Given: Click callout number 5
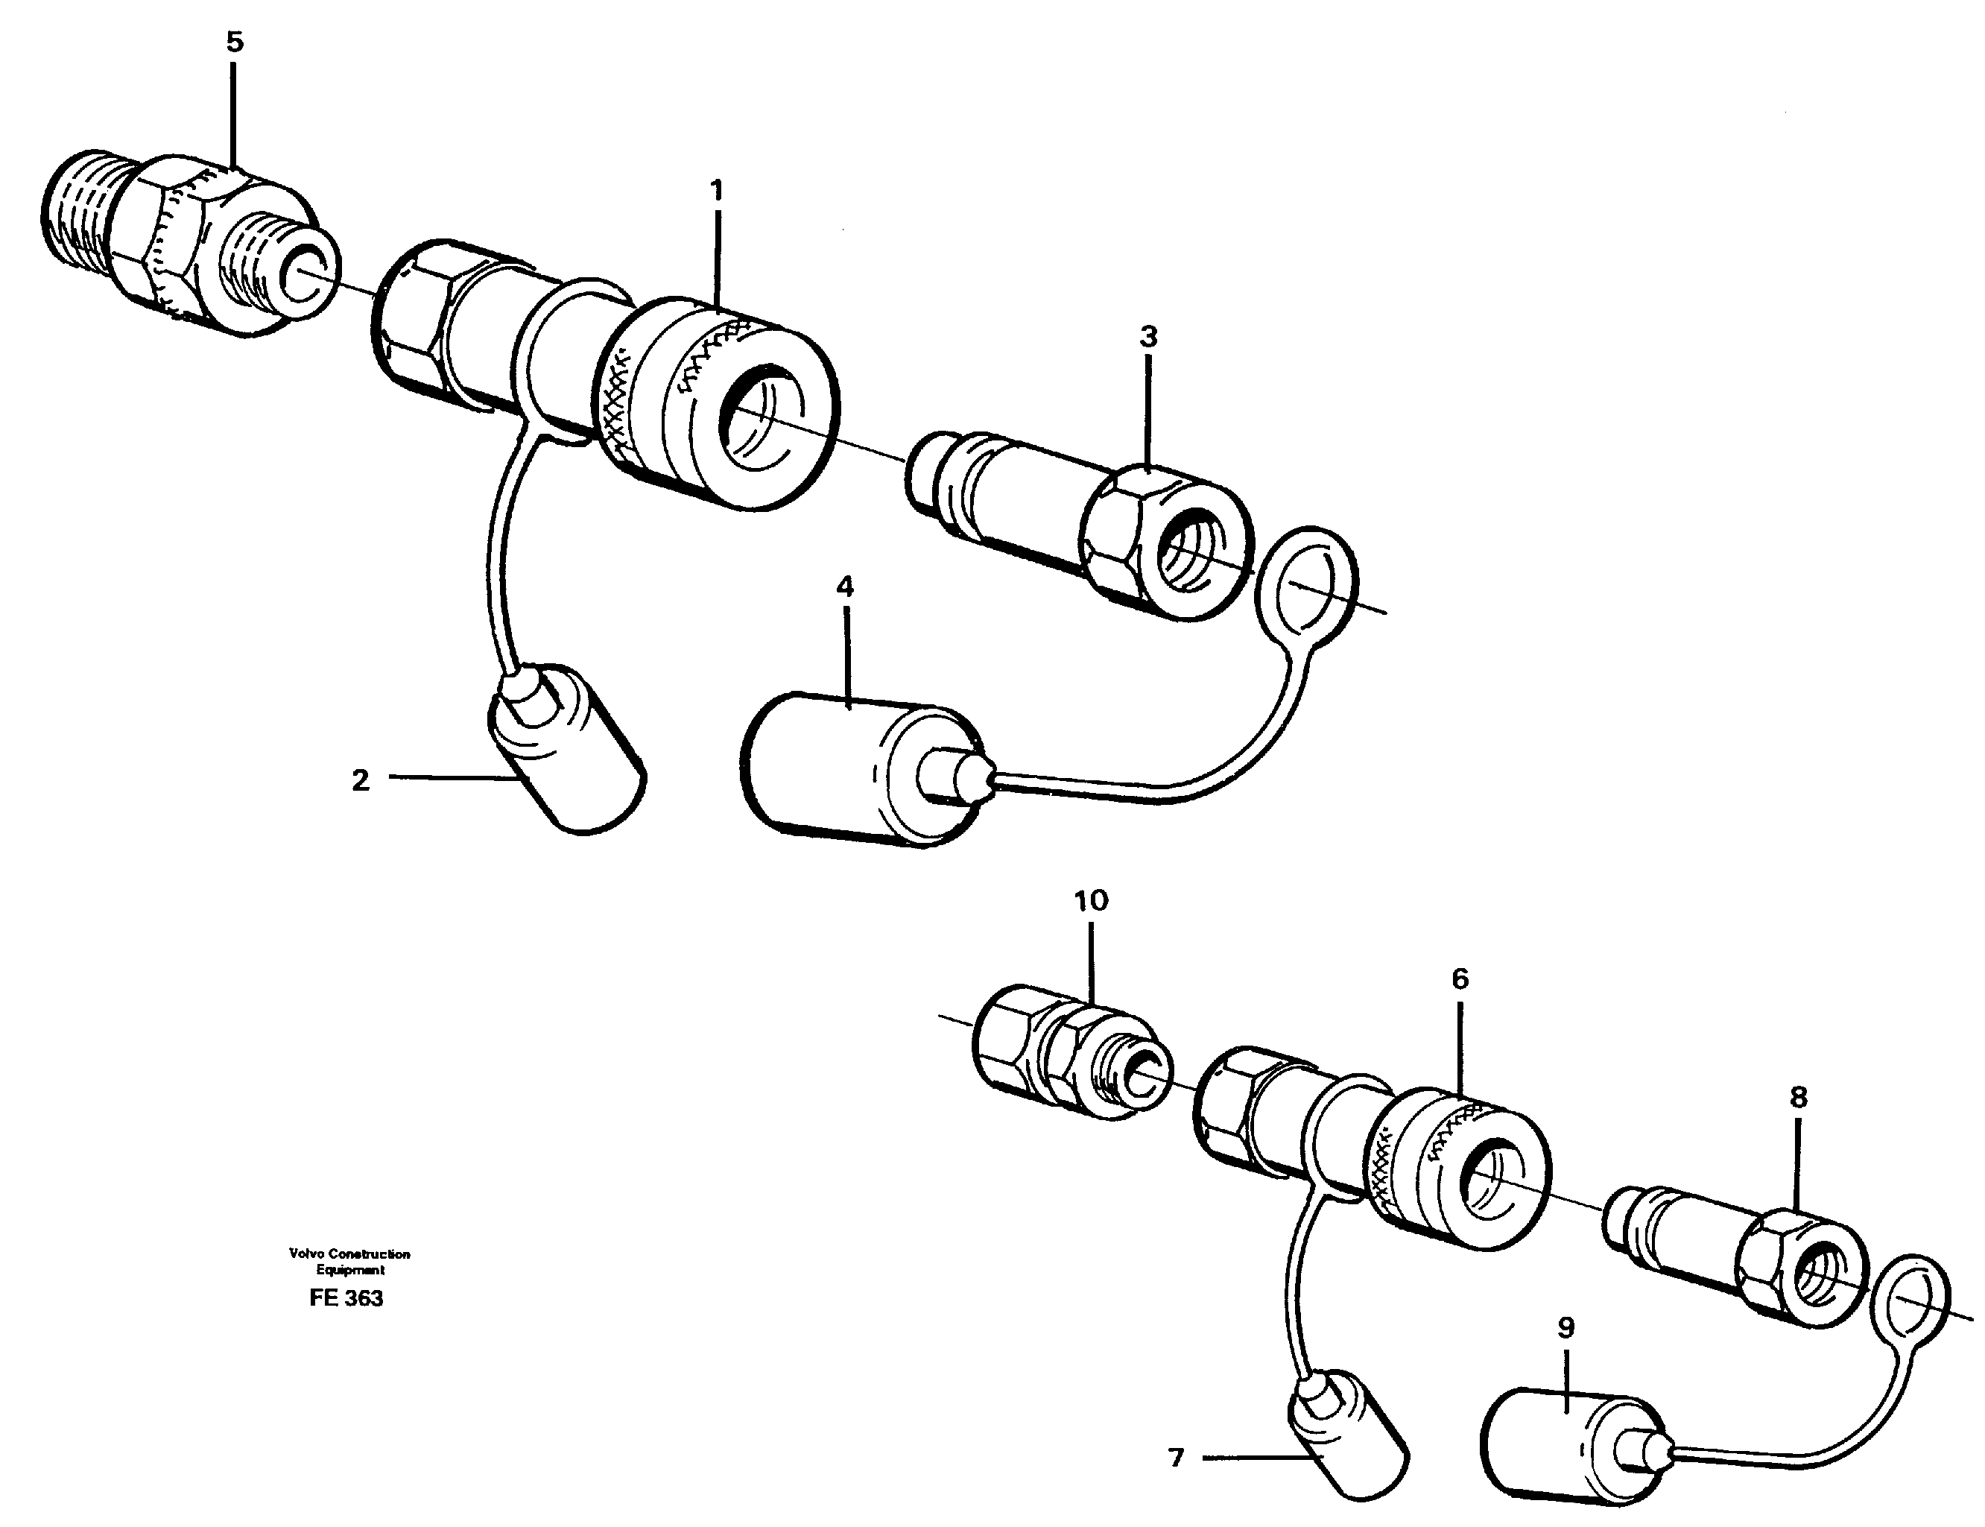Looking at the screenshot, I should pyautogui.click(x=235, y=42).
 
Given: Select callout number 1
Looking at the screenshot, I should pyautogui.click(x=716, y=191).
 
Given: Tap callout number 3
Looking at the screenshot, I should pyautogui.click(x=1149, y=337).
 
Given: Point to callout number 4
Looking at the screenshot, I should pyautogui.click(x=845, y=587).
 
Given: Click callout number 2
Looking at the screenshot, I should pyautogui.click(x=361, y=780).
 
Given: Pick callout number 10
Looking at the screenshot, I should pyautogui.click(x=1092, y=901).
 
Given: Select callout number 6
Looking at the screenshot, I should pyautogui.click(x=1460, y=979).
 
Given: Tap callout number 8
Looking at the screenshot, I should pyautogui.click(x=1798, y=1097).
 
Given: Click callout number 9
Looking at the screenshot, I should pyautogui.click(x=1565, y=1328).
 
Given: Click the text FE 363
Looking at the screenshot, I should pyautogui.click(x=346, y=1298).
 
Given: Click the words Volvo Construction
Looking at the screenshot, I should pyautogui.click(x=350, y=1253).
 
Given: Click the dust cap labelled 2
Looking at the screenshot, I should pyautogui.click(x=568, y=750).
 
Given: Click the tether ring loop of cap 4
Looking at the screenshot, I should pyautogui.click(x=1307, y=582).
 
